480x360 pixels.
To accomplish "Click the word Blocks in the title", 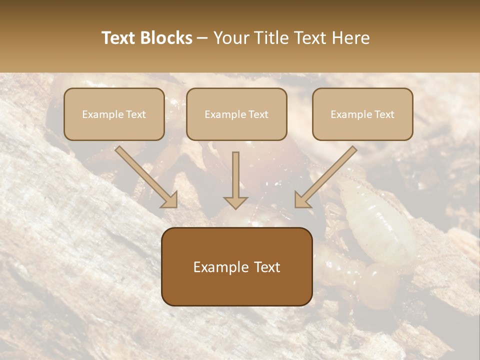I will pyautogui.click(x=166, y=38).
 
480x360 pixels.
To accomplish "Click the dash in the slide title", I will pyautogui.click(x=202, y=38).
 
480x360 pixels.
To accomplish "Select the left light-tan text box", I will pyautogui.click(x=114, y=114).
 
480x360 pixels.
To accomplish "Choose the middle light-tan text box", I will pyautogui.click(x=236, y=114).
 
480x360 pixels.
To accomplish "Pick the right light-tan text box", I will pyautogui.click(x=362, y=114).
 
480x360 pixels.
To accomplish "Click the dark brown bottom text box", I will pyautogui.click(x=236, y=266).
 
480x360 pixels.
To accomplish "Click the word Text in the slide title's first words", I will pyautogui.click(x=119, y=38).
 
